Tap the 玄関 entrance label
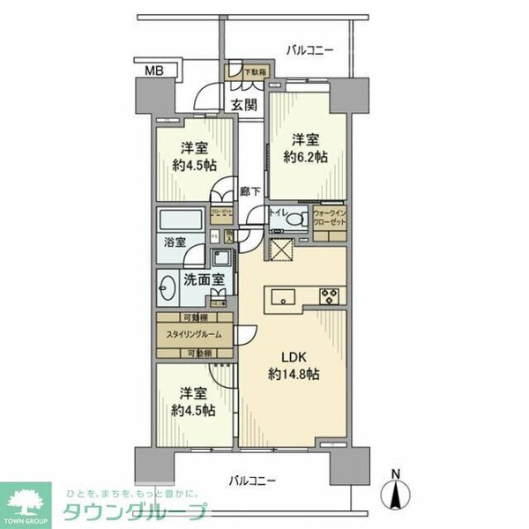point(244,105)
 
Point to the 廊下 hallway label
point(250,190)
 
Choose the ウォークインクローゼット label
point(329,219)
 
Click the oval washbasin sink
point(168,287)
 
